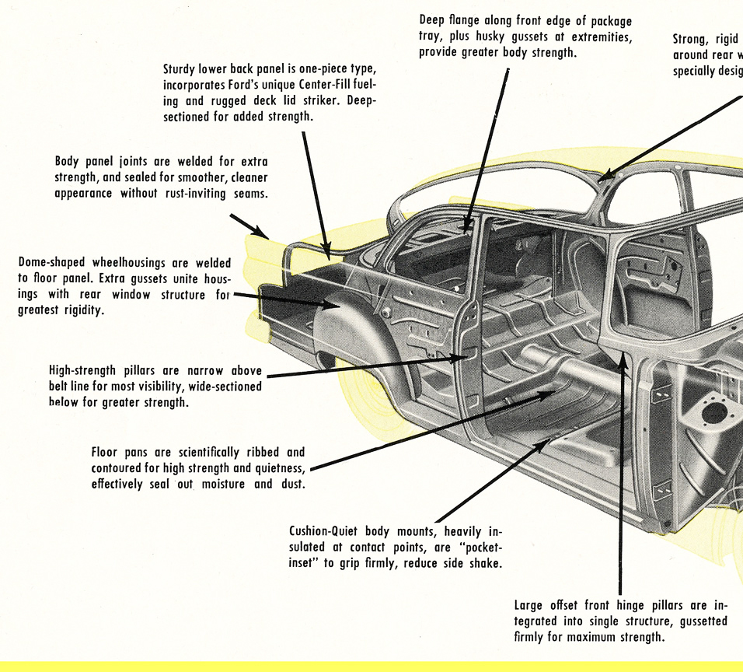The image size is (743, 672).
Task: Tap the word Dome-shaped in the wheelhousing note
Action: point(51,262)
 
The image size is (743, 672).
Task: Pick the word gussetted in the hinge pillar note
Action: point(696,621)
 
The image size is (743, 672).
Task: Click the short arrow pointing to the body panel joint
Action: point(249,226)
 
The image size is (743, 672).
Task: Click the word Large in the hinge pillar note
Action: point(530,604)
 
